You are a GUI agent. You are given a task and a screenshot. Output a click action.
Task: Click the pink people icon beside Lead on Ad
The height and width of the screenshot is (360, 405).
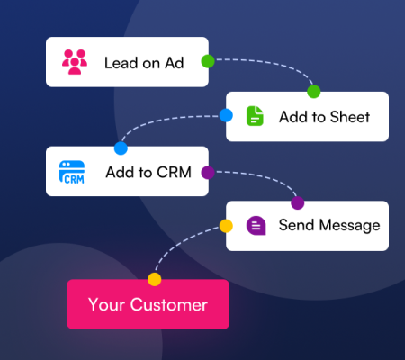click(x=75, y=62)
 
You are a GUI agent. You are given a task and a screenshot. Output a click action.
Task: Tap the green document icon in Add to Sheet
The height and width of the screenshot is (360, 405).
click(x=255, y=116)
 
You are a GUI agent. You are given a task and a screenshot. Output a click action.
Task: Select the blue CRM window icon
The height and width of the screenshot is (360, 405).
click(x=72, y=172)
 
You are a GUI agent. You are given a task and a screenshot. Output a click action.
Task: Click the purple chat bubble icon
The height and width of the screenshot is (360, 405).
click(x=256, y=226)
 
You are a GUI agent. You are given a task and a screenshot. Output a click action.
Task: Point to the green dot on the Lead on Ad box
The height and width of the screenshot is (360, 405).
click(x=208, y=61)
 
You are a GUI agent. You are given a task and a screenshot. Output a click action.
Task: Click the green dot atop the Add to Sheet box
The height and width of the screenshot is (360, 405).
click(x=314, y=92)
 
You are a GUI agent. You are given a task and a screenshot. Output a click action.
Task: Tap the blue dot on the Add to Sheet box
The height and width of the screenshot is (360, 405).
click(x=226, y=115)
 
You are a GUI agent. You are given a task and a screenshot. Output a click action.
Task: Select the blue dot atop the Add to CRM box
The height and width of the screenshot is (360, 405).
click(x=121, y=148)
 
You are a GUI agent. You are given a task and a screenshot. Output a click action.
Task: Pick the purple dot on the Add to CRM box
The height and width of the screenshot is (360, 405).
click(x=208, y=173)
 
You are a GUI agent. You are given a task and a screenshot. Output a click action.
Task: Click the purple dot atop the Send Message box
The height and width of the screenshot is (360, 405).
click(x=298, y=203)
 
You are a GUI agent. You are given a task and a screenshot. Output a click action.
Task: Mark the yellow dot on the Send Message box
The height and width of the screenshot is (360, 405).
click(x=226, y=226)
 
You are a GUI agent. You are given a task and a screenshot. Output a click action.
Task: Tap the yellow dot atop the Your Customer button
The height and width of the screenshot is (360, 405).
click(x=155, y=279)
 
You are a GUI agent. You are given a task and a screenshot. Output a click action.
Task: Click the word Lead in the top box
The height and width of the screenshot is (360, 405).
click(x=121, y=63)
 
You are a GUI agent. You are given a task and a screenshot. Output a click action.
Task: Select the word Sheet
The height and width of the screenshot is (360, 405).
click(x=350, y=117)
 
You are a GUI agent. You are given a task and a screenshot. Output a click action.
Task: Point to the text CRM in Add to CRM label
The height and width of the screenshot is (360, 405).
click(x=175, y=172)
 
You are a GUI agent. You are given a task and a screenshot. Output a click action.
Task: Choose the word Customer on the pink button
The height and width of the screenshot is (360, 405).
click(x=169, y=304)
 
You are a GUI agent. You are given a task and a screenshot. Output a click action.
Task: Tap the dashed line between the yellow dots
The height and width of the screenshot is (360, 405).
click(x=180, y=243)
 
